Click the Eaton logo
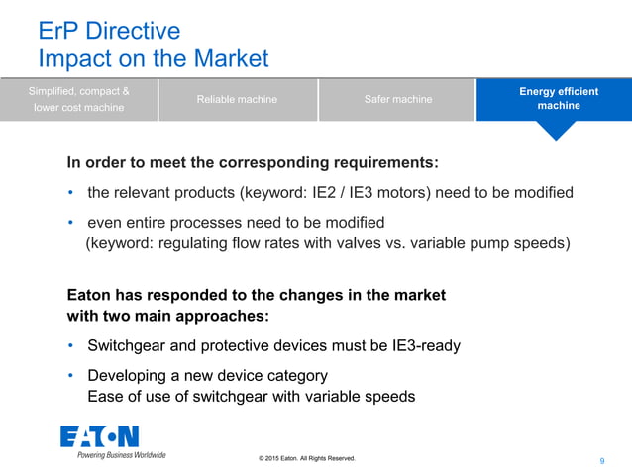(99, 436)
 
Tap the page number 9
(602, 461)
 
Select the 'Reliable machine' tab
(237, 99)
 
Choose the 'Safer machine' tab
(397, 99)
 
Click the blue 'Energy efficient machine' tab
(558, 99)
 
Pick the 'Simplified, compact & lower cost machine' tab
(78, 99)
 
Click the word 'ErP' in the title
(58, 31)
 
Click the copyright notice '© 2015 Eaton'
(305, 458)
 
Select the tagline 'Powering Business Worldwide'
(121, 455)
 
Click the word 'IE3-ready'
(423, 346)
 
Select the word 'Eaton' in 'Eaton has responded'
(89, 295)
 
